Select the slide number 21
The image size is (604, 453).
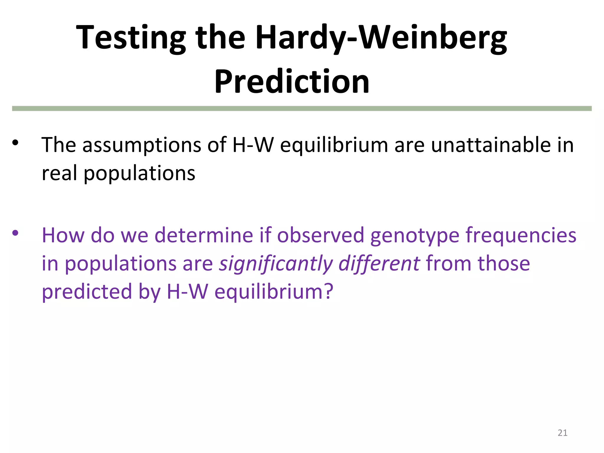562,433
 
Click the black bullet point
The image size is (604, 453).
15,143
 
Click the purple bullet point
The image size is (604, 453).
15,233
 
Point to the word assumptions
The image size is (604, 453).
142,145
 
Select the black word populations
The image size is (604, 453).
139,174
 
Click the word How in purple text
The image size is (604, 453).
63,235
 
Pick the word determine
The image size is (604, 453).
204,235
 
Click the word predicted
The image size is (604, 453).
87,292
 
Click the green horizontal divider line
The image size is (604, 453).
302,109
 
